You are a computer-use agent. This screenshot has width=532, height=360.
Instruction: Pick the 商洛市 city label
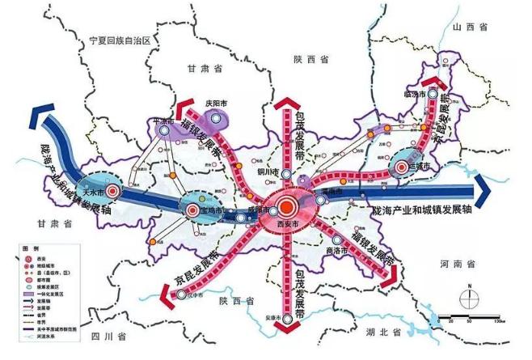click(327, 251)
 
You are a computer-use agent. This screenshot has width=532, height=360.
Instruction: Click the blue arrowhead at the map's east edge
click(484, 192)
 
